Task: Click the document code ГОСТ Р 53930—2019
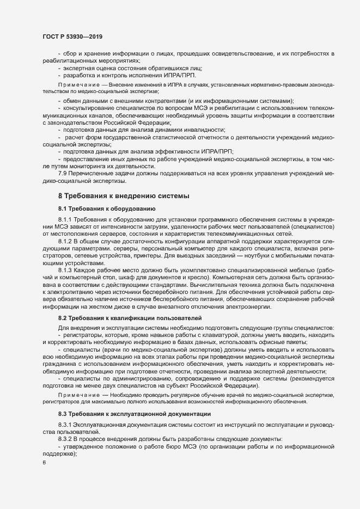tap(72, 36)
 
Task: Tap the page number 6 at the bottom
tap(44, 463)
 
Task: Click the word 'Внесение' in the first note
tap(124, 87)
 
